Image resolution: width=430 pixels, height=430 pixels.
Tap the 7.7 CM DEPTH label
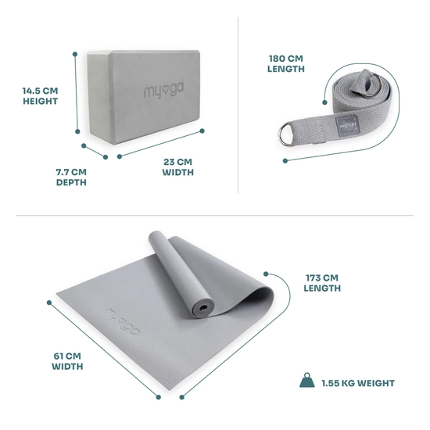point(70,177)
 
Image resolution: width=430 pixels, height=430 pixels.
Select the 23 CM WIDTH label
point(178,167)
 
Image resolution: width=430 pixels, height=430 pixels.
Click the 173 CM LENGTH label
point(322,282)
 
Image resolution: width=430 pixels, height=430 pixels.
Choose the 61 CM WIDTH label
point(67,361)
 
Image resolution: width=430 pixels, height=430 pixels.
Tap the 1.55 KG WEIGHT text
point(357,383)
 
